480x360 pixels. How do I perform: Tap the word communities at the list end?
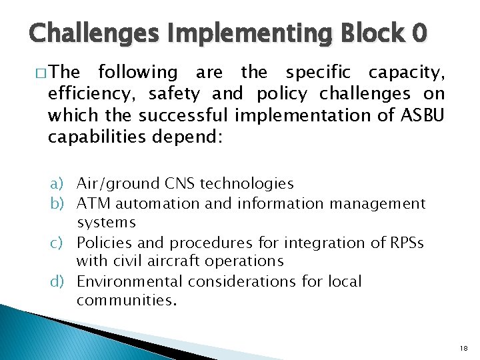click(127, 301)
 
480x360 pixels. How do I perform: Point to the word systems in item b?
click(106, 222)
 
